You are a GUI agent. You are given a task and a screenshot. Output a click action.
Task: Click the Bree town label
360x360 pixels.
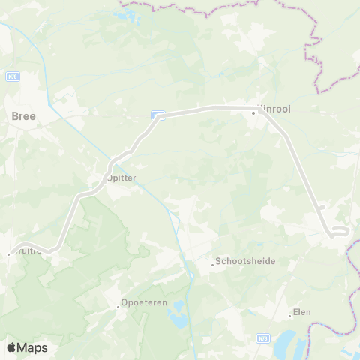pyautogui.click(x=23, y=116)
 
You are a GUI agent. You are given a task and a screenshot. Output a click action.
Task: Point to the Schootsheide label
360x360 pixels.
pyautogui.click(x=245, y=262)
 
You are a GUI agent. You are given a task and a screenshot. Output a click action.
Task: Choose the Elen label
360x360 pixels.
pyautogui.click(x=302, y=312)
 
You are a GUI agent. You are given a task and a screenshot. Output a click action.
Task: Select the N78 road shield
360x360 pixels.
pyautogui.click(x=264, y=339)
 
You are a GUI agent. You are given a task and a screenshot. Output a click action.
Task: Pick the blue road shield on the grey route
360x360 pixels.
pyautogui.click(x=157, y=115)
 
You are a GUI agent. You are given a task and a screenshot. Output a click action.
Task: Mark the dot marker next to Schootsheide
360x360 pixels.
pyautogui.click(x=211, y=262)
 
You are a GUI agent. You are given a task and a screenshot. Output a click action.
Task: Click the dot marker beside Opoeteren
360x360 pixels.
pyautogui.click(x=118, y=305)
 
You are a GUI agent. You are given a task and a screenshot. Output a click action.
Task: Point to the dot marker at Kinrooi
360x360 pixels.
pyautogui.click(x=253, y=112)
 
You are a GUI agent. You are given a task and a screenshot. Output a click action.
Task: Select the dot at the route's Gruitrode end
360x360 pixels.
pyautogui.click(x=8, y=253)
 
